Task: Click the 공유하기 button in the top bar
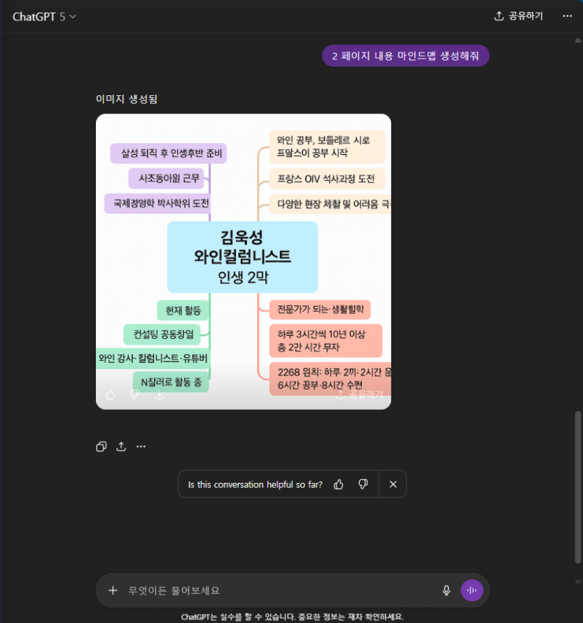(519, 16)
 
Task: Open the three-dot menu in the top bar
(567, 16)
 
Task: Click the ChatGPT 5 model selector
(44, 16)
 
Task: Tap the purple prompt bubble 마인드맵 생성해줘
(405, 55)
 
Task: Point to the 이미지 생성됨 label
(127, 99)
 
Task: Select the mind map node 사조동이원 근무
(169, 178)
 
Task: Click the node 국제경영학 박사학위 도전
(157, 203)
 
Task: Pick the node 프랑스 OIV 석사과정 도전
(326, 179)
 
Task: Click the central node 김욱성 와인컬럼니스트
(242, 256)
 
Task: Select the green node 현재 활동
(183, 310)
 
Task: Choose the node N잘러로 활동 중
(170, 382)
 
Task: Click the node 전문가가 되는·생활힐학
(320, 309)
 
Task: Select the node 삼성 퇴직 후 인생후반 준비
(169, 153)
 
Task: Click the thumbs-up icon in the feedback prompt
(339, 484)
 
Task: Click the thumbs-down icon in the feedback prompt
(363, 484)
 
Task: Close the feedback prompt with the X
(393, 484)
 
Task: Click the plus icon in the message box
(113, 590)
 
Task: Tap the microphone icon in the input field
(447, 590)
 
